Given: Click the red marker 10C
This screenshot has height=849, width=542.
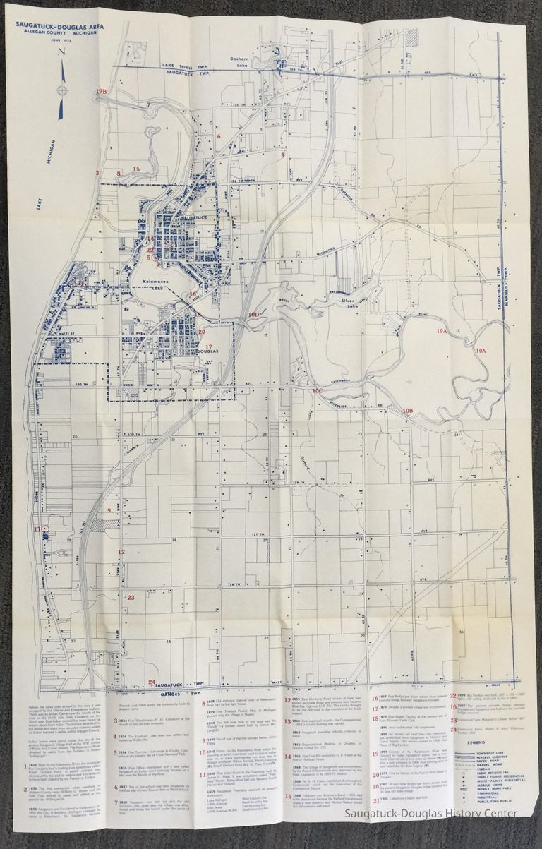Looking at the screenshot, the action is pos(317,390).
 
